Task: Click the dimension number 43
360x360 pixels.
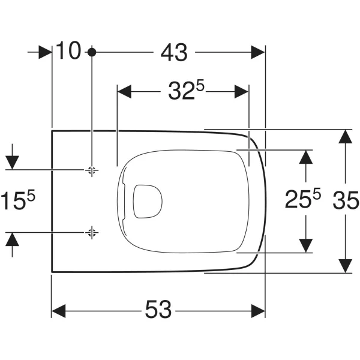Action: coord(174,53)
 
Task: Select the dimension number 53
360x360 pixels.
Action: coord(158,309)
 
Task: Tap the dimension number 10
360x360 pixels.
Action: coord(68,50)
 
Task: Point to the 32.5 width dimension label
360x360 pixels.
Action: coord(186,91)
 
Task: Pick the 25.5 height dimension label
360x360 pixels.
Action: coord(303,199)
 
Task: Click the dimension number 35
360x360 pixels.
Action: coord(346,200)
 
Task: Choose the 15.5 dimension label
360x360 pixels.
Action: coord(18,200)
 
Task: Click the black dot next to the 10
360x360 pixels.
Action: coord(92,52)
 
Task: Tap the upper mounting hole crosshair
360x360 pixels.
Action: coord(92,170)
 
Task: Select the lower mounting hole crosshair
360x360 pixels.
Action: coord(92,233)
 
